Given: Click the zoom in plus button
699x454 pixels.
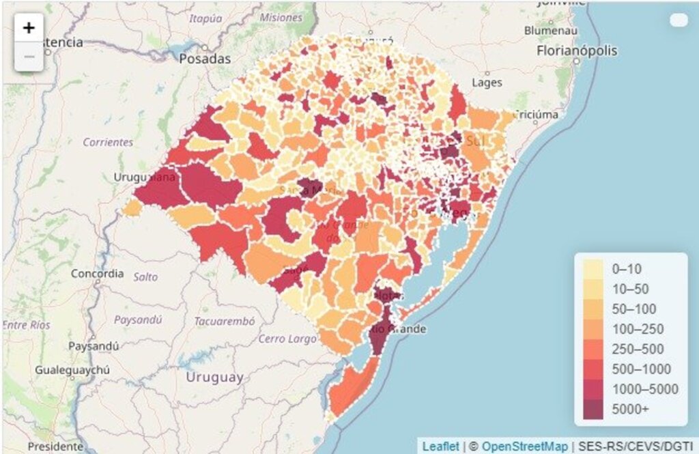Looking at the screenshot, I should (29, 28).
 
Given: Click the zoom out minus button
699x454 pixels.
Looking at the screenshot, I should (29, 57).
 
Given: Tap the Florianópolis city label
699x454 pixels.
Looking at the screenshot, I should (577, 51).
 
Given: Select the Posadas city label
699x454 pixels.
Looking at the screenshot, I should (205, 59).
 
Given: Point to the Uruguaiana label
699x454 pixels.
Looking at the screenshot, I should (144, 178).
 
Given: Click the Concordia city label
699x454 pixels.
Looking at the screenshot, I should (98, 274).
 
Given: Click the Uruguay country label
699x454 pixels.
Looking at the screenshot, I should (214, 377).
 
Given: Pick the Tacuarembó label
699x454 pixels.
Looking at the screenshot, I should (225, 321).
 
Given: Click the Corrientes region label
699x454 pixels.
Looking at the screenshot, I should (108, 143).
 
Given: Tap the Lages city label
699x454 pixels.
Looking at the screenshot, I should (487, 83).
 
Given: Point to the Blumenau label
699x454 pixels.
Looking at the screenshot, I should (551, 31).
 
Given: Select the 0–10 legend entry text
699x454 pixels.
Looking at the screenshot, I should (627, 268).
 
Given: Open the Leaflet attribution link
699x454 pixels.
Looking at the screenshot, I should (440, 446).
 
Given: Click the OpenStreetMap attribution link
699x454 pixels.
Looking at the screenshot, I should (524, 446).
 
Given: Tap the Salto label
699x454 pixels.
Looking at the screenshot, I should (145, 277).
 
